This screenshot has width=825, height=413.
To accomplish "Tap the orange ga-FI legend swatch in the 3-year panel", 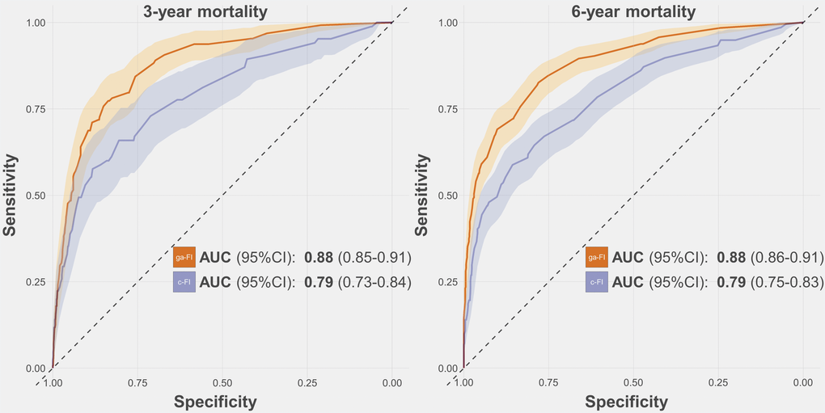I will pos(184,257).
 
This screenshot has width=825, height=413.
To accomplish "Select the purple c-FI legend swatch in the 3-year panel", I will pos(184,282).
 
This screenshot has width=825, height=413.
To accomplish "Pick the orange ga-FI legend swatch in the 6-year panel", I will pos(596,257).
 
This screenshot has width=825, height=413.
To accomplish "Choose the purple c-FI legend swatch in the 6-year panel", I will pos(596,282).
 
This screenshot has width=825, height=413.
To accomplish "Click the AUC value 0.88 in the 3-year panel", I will pos(319,258).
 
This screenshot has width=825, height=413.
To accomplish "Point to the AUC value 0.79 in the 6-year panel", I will pos(731,282).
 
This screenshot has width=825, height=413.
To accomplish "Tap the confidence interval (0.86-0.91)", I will pos(787,258).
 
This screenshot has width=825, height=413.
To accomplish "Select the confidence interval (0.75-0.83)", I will pos(787,282).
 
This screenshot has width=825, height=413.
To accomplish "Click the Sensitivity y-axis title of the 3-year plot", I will pos(11,196).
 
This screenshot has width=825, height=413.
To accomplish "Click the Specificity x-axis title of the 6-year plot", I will pos(627,402).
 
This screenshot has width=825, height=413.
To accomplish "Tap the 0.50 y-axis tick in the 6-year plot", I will pos(446,196).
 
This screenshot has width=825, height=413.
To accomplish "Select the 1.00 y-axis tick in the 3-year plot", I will pos(35,23).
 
